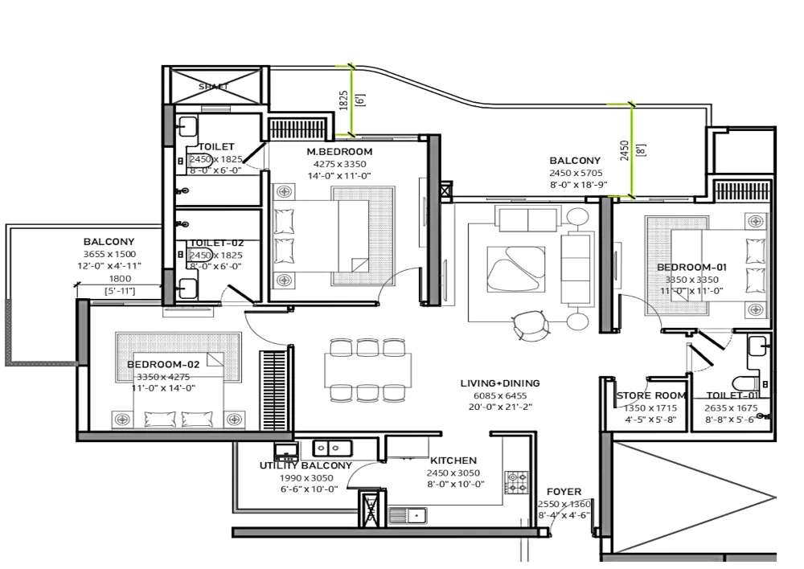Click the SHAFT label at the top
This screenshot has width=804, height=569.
coord(213,87)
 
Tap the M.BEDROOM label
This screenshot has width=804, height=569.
coord(338,152)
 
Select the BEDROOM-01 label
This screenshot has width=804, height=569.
coord(691,268)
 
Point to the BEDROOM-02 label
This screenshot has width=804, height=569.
coord(163,364)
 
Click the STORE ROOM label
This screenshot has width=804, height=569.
coord(651,395)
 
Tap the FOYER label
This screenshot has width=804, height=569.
coord(564,492)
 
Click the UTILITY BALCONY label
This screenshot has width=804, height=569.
coord(306,465)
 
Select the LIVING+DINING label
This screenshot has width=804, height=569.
coord(499,383)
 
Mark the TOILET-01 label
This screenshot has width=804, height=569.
coord(732,395)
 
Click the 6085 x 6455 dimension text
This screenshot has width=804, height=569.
coord(499,395)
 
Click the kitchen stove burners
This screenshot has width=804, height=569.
coord(516,482)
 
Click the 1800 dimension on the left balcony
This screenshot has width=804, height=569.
coord(120,279)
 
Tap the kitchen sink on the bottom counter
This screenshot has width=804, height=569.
coord(407,515)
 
